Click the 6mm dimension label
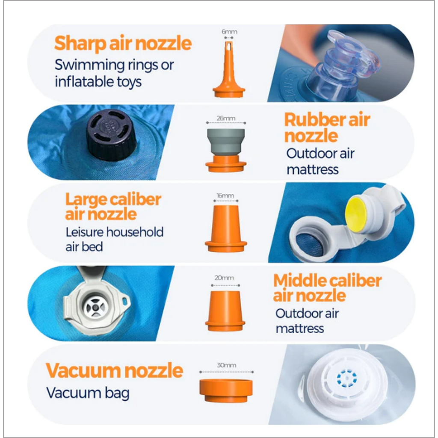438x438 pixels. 229,32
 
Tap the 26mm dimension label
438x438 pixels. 226,118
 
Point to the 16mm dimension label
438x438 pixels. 225,195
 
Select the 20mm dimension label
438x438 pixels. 224,278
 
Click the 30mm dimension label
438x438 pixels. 227,365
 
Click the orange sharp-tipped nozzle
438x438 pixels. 229,73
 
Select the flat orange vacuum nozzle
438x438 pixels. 226,391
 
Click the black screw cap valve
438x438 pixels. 112,135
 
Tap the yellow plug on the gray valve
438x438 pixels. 356,214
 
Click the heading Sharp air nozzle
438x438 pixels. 123,44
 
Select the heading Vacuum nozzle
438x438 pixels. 114,370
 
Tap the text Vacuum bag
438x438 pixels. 88,393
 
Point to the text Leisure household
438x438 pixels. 115,232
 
